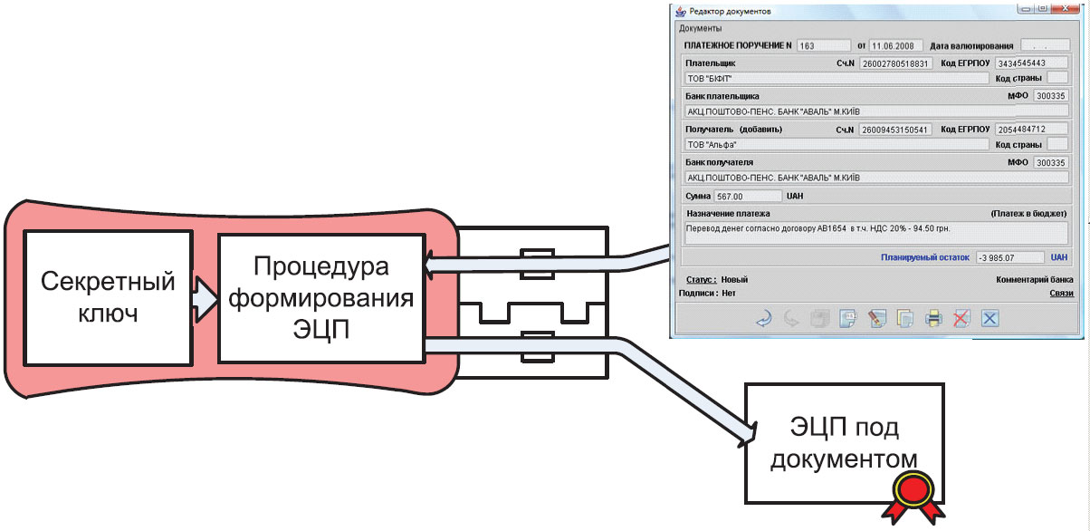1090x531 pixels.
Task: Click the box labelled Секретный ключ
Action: (108, 296)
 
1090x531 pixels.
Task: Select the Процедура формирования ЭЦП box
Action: (320, 296)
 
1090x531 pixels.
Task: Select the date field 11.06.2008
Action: (896, 45)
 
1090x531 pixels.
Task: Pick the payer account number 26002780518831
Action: (894, 63)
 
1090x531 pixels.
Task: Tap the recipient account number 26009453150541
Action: (894, 130)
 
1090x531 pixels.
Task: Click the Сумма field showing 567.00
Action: (746, 195)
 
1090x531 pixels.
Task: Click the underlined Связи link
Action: (1061, 294)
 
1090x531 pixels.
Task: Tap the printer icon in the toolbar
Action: (933, 318)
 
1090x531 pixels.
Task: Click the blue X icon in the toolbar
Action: (990, 318)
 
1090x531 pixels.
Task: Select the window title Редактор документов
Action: (730, 11)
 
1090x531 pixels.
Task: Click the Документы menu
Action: (700, 28)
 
